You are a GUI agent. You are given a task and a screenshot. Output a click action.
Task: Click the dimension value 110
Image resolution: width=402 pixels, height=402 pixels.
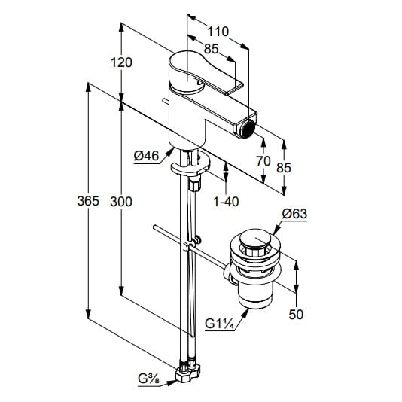pos(218,32)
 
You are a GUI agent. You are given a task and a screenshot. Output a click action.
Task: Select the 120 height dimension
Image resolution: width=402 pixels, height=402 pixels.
pos(121,62)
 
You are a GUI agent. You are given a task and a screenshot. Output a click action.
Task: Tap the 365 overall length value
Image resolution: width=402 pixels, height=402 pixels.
pos(88,201)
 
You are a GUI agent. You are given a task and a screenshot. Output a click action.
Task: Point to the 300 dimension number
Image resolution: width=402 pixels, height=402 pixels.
pos(121,202)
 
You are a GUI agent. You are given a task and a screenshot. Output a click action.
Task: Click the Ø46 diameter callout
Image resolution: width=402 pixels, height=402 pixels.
pos(146,156)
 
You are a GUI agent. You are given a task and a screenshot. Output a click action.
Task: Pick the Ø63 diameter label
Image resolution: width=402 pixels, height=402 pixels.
pos(294,214)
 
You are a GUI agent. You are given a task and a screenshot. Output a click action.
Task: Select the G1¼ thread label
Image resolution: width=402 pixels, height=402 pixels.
pos(220,324)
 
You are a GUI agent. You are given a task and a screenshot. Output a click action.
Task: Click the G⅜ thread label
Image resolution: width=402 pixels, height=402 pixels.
pos(148,379)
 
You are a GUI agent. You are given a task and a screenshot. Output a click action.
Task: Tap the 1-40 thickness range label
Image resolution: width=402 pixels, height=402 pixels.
pos(226,202)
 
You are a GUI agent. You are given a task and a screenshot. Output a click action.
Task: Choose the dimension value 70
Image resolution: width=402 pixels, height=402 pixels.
pos(263,161)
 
